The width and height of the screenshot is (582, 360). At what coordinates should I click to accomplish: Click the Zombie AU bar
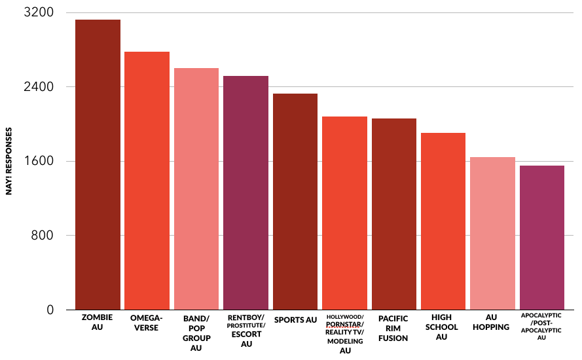pos(98,164)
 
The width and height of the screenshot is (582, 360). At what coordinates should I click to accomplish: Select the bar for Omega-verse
pos(147,180)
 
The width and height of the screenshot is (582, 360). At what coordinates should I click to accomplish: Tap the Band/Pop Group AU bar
pos(196,189)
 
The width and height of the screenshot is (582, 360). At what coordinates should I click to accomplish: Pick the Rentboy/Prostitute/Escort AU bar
pos(246,192)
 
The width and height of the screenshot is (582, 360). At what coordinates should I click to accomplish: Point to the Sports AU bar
pos(295,202)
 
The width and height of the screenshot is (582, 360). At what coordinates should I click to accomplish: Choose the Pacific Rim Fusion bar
pos(394,214)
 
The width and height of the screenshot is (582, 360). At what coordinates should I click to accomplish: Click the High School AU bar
pos(443,221)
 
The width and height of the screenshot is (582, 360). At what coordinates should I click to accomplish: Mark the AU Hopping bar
pos(493,233)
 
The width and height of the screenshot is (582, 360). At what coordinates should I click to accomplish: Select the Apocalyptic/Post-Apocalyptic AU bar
pos(542,238)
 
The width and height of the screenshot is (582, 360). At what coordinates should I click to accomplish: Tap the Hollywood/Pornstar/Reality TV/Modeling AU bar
pos(344,213)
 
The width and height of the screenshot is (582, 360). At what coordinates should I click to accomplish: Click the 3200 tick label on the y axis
pos(41,13)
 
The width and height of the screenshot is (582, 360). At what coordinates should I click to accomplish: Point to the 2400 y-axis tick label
pos(41,87)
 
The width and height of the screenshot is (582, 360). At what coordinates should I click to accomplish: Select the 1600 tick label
pos(41,162)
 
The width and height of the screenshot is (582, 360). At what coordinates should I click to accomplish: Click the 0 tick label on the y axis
pos(50,310)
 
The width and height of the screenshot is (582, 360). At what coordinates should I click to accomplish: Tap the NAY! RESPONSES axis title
pos(9,161)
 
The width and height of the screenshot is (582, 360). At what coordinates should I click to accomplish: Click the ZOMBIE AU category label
pos(98,322)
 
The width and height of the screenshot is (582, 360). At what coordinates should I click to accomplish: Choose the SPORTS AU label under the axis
pos(295,320)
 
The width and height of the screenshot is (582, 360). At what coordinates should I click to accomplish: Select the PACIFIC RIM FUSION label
pos(393,329)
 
